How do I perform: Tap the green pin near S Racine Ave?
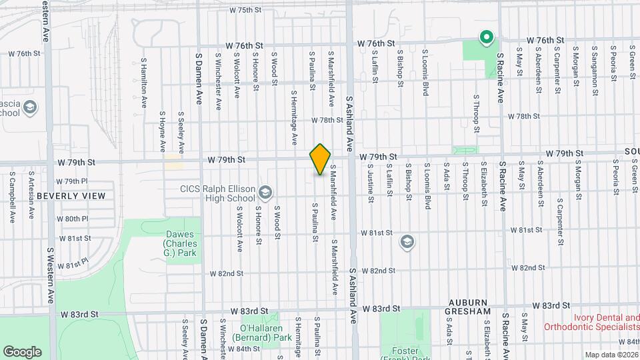(487, 37)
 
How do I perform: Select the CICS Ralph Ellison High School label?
(218, 193)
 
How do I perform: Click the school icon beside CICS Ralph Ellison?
(265, 193)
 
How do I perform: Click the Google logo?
(22, 351)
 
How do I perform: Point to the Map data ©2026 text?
(611, 355)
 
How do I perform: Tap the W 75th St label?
(247, 10)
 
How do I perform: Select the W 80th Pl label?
(72, 219)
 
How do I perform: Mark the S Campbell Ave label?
(12, 197)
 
